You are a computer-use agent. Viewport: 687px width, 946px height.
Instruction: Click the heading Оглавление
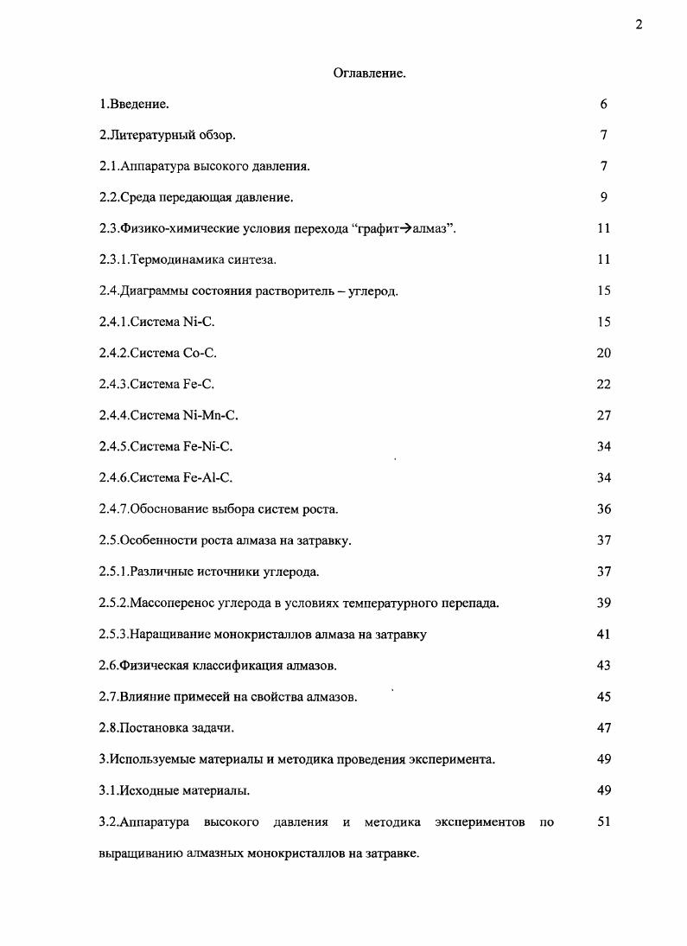(370, 74)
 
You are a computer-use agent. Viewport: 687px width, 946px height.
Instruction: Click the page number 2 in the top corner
(639, 24)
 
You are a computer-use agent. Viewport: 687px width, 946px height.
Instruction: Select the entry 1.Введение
(134, 105)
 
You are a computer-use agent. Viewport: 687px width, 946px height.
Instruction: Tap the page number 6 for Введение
(603, 104)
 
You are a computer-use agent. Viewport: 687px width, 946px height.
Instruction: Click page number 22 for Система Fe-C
(603, 384)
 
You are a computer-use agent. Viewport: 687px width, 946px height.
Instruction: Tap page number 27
(603, 415)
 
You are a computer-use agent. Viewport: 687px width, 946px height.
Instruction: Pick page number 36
(603, 508)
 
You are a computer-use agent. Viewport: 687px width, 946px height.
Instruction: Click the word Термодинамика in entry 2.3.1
(172, 259)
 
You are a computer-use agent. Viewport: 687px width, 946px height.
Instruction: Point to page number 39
(603, 602)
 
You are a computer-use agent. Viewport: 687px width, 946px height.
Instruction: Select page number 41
(603, 634)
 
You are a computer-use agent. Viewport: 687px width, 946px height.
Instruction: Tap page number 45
(603, 696)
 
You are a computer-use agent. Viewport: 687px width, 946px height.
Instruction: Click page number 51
(603, 821)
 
